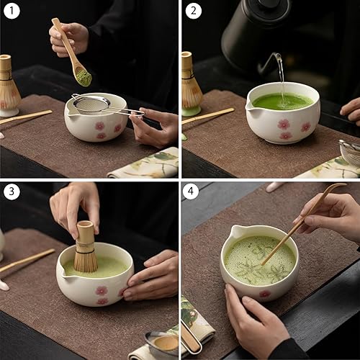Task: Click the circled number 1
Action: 11,11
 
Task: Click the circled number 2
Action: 193,11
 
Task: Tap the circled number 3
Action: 11,193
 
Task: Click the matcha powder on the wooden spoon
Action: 84,77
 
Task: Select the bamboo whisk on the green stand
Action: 191,83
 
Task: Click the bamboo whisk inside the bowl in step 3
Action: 86,248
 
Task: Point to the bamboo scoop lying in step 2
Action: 209,115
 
